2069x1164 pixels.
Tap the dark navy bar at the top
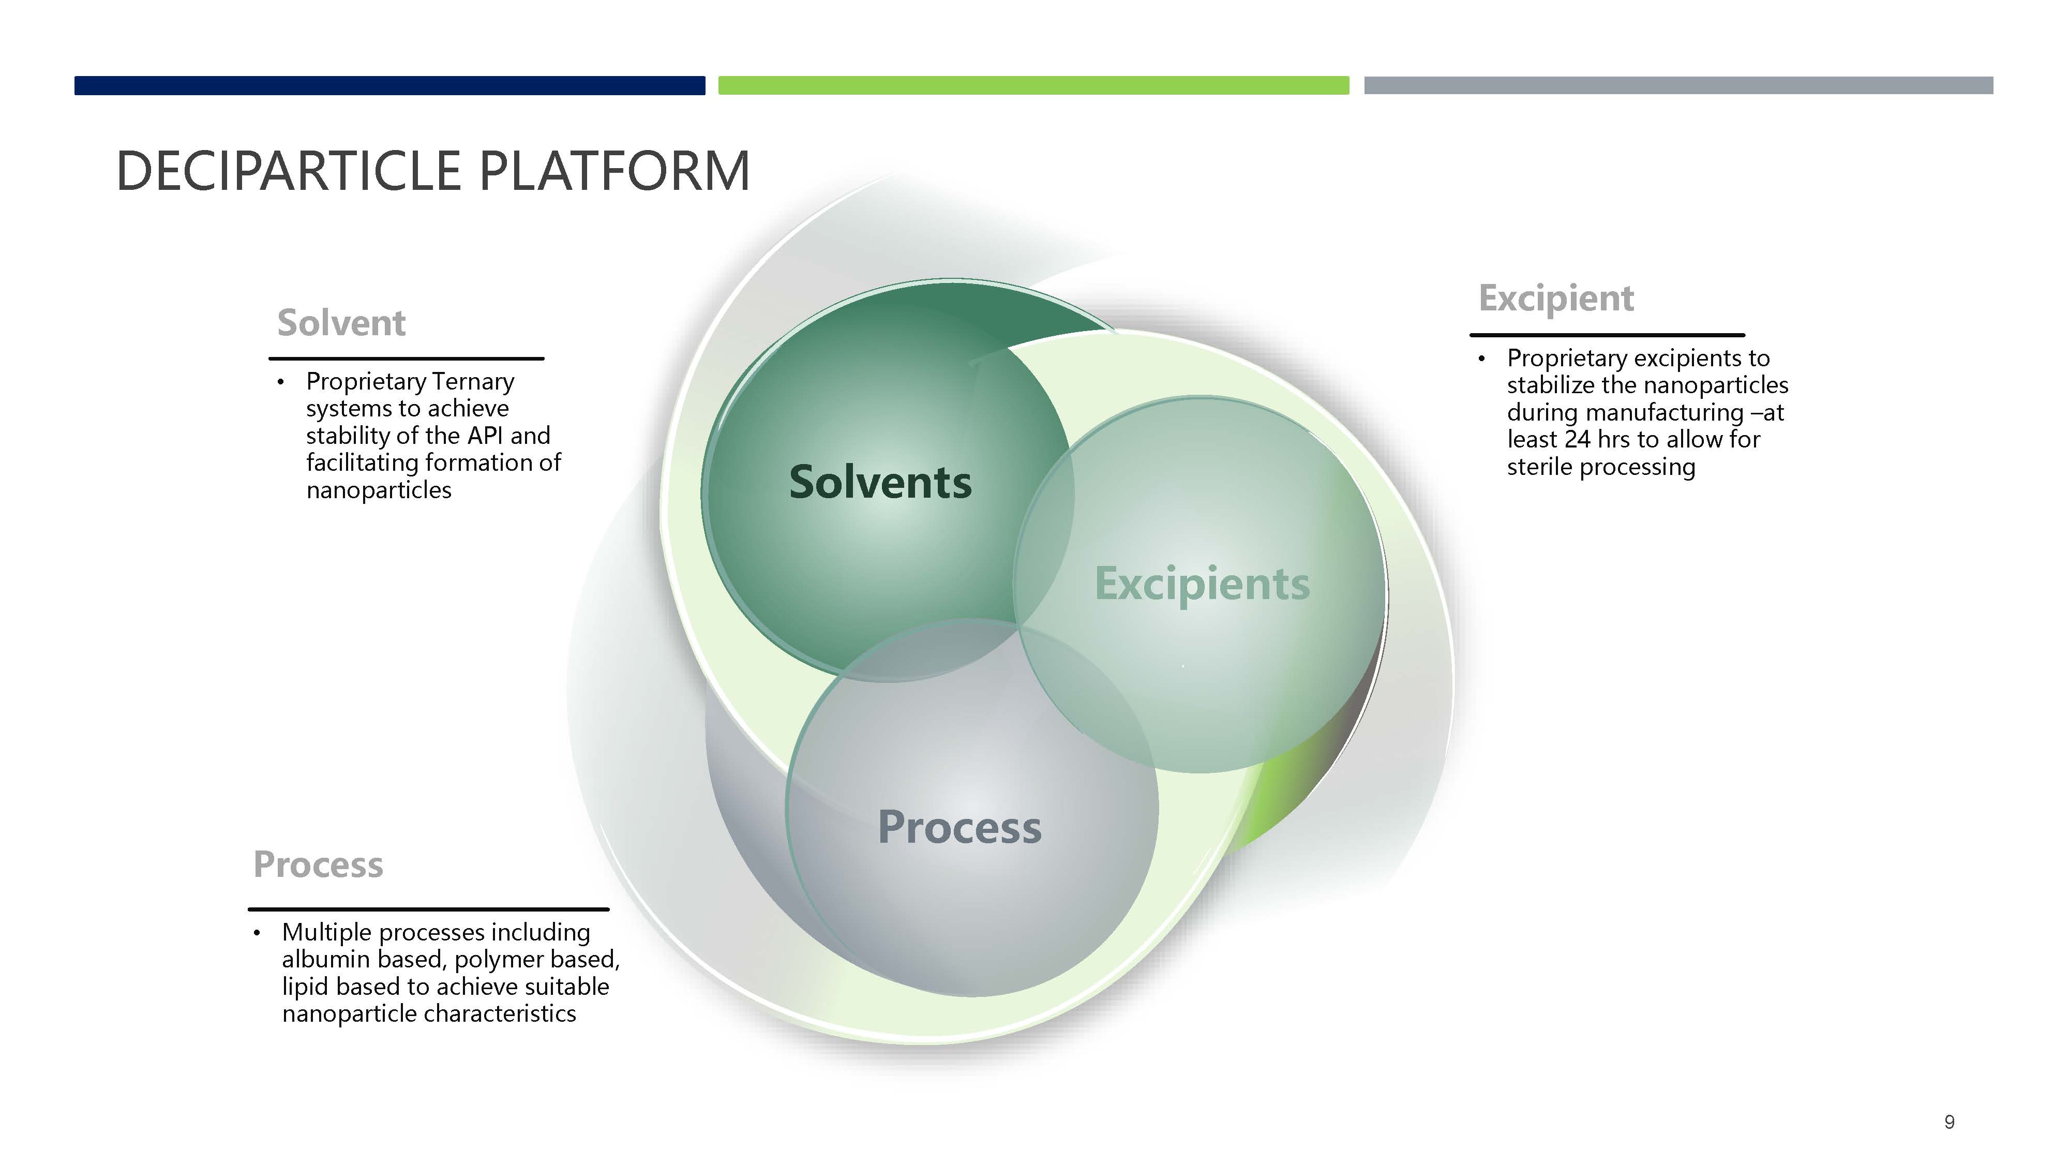tap(389, 85)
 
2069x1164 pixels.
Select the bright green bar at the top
tap(1033, 85)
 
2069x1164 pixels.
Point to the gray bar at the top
tap(1678, 85)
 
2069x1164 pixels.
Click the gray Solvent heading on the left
tap(341, 323)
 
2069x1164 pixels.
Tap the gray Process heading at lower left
tap(318, 864)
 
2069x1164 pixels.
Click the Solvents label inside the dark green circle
tap(880, 482)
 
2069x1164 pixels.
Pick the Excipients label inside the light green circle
tap(1202, 584)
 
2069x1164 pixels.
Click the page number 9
tap(1950, 1122)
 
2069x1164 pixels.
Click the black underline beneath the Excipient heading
tap(1607, 334)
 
